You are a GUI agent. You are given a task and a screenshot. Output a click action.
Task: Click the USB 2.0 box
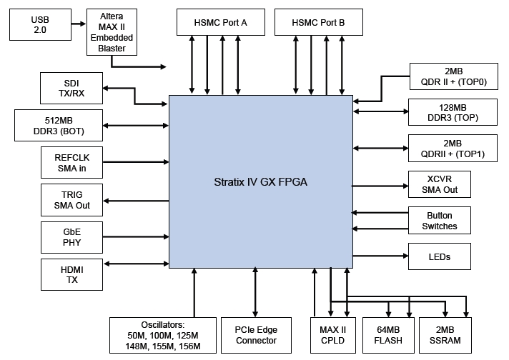point(39,25)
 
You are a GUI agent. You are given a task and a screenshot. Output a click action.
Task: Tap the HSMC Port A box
point(220,23)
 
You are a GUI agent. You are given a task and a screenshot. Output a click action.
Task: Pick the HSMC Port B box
point(318,23)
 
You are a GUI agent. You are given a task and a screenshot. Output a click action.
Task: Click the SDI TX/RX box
point(71,88)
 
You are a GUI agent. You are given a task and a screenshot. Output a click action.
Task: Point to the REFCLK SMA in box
point(71,164)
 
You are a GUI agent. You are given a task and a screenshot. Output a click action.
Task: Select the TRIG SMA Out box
point(71,199)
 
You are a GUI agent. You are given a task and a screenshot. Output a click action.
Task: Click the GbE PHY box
point(71,237)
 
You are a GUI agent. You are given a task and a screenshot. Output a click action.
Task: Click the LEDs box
point(439,256)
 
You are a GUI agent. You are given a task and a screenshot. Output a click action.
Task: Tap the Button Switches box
point(439,221)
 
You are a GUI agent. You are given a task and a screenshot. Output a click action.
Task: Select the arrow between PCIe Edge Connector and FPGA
point(255,292)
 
